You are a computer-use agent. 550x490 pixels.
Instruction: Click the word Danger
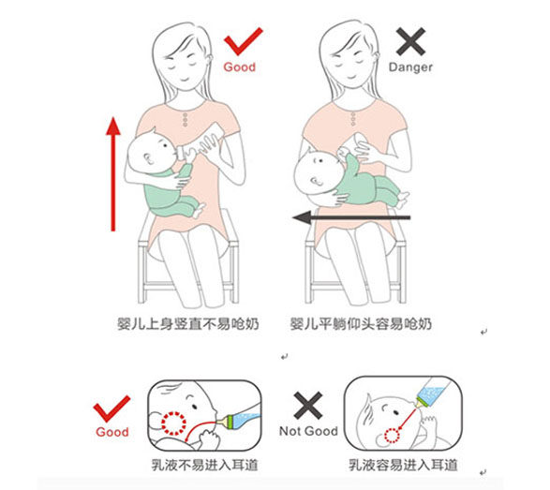[x=409, y=68]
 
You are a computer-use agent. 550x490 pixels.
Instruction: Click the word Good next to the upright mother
[x=239, y=68]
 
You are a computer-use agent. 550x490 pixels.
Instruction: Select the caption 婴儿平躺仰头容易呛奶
[x=361, y=325]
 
